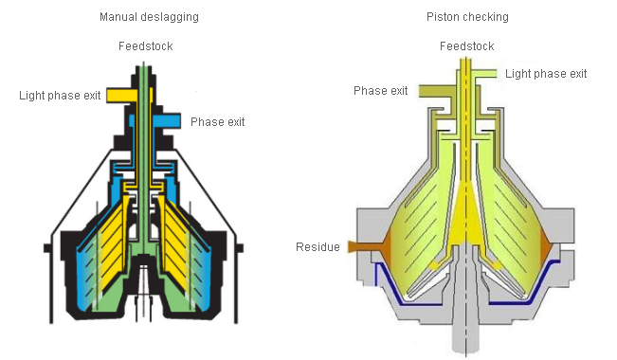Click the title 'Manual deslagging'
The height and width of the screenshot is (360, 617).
click(149, 17)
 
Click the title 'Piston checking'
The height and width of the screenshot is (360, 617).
click(467, 17)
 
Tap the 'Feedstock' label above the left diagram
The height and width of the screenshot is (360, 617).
click(146, 46)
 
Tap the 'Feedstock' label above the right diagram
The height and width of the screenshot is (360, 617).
click(466, 46)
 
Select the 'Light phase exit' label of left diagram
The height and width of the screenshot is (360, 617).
click(60, 96)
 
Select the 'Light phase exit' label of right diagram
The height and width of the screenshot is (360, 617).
click(546, 74)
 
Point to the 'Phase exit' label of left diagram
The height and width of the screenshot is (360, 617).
click(218, 122)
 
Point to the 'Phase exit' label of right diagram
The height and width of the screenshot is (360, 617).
click(380, 91)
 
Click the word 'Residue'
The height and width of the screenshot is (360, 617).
click(318, 247)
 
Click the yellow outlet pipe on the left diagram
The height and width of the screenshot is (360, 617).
click(121, 96)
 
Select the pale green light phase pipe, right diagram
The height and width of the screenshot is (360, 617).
click(486, 74)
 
